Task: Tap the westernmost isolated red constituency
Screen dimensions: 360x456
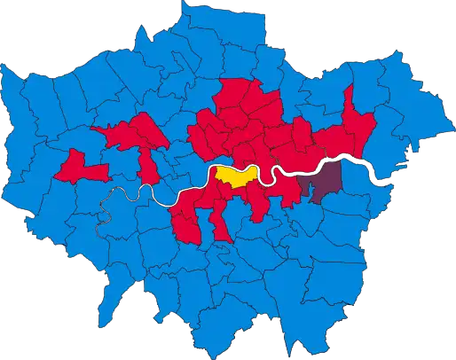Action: pos(78,166)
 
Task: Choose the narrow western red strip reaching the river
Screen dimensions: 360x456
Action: pos(147,164)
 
